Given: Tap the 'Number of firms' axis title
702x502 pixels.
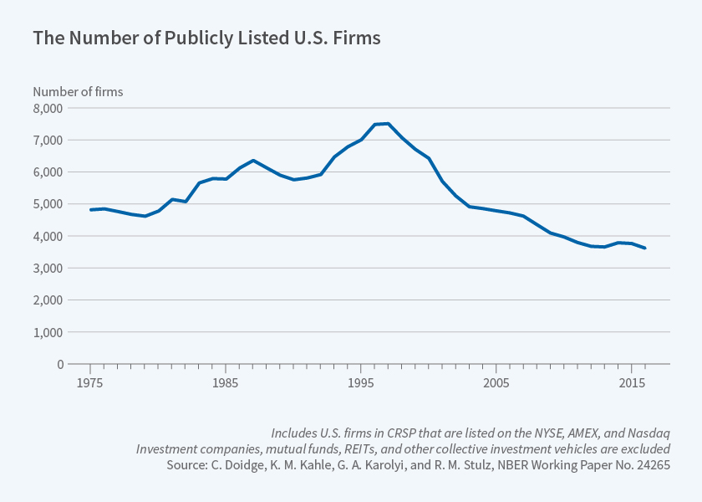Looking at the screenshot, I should tap(78, 92).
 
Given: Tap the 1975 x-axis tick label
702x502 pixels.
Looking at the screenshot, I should tap(89, 382).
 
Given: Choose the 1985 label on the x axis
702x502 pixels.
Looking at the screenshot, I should tap(225, 382).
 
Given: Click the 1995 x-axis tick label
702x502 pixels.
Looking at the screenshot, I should tap(360, 382).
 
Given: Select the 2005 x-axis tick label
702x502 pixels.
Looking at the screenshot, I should tap(496, 382).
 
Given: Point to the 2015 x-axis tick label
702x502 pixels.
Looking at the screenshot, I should tap(631, 382).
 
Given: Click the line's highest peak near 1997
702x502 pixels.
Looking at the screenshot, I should tap(388, 124).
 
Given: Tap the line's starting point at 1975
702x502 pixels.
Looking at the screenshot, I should tap(90, 210).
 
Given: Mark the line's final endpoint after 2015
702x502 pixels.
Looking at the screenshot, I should tap(644, 248).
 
